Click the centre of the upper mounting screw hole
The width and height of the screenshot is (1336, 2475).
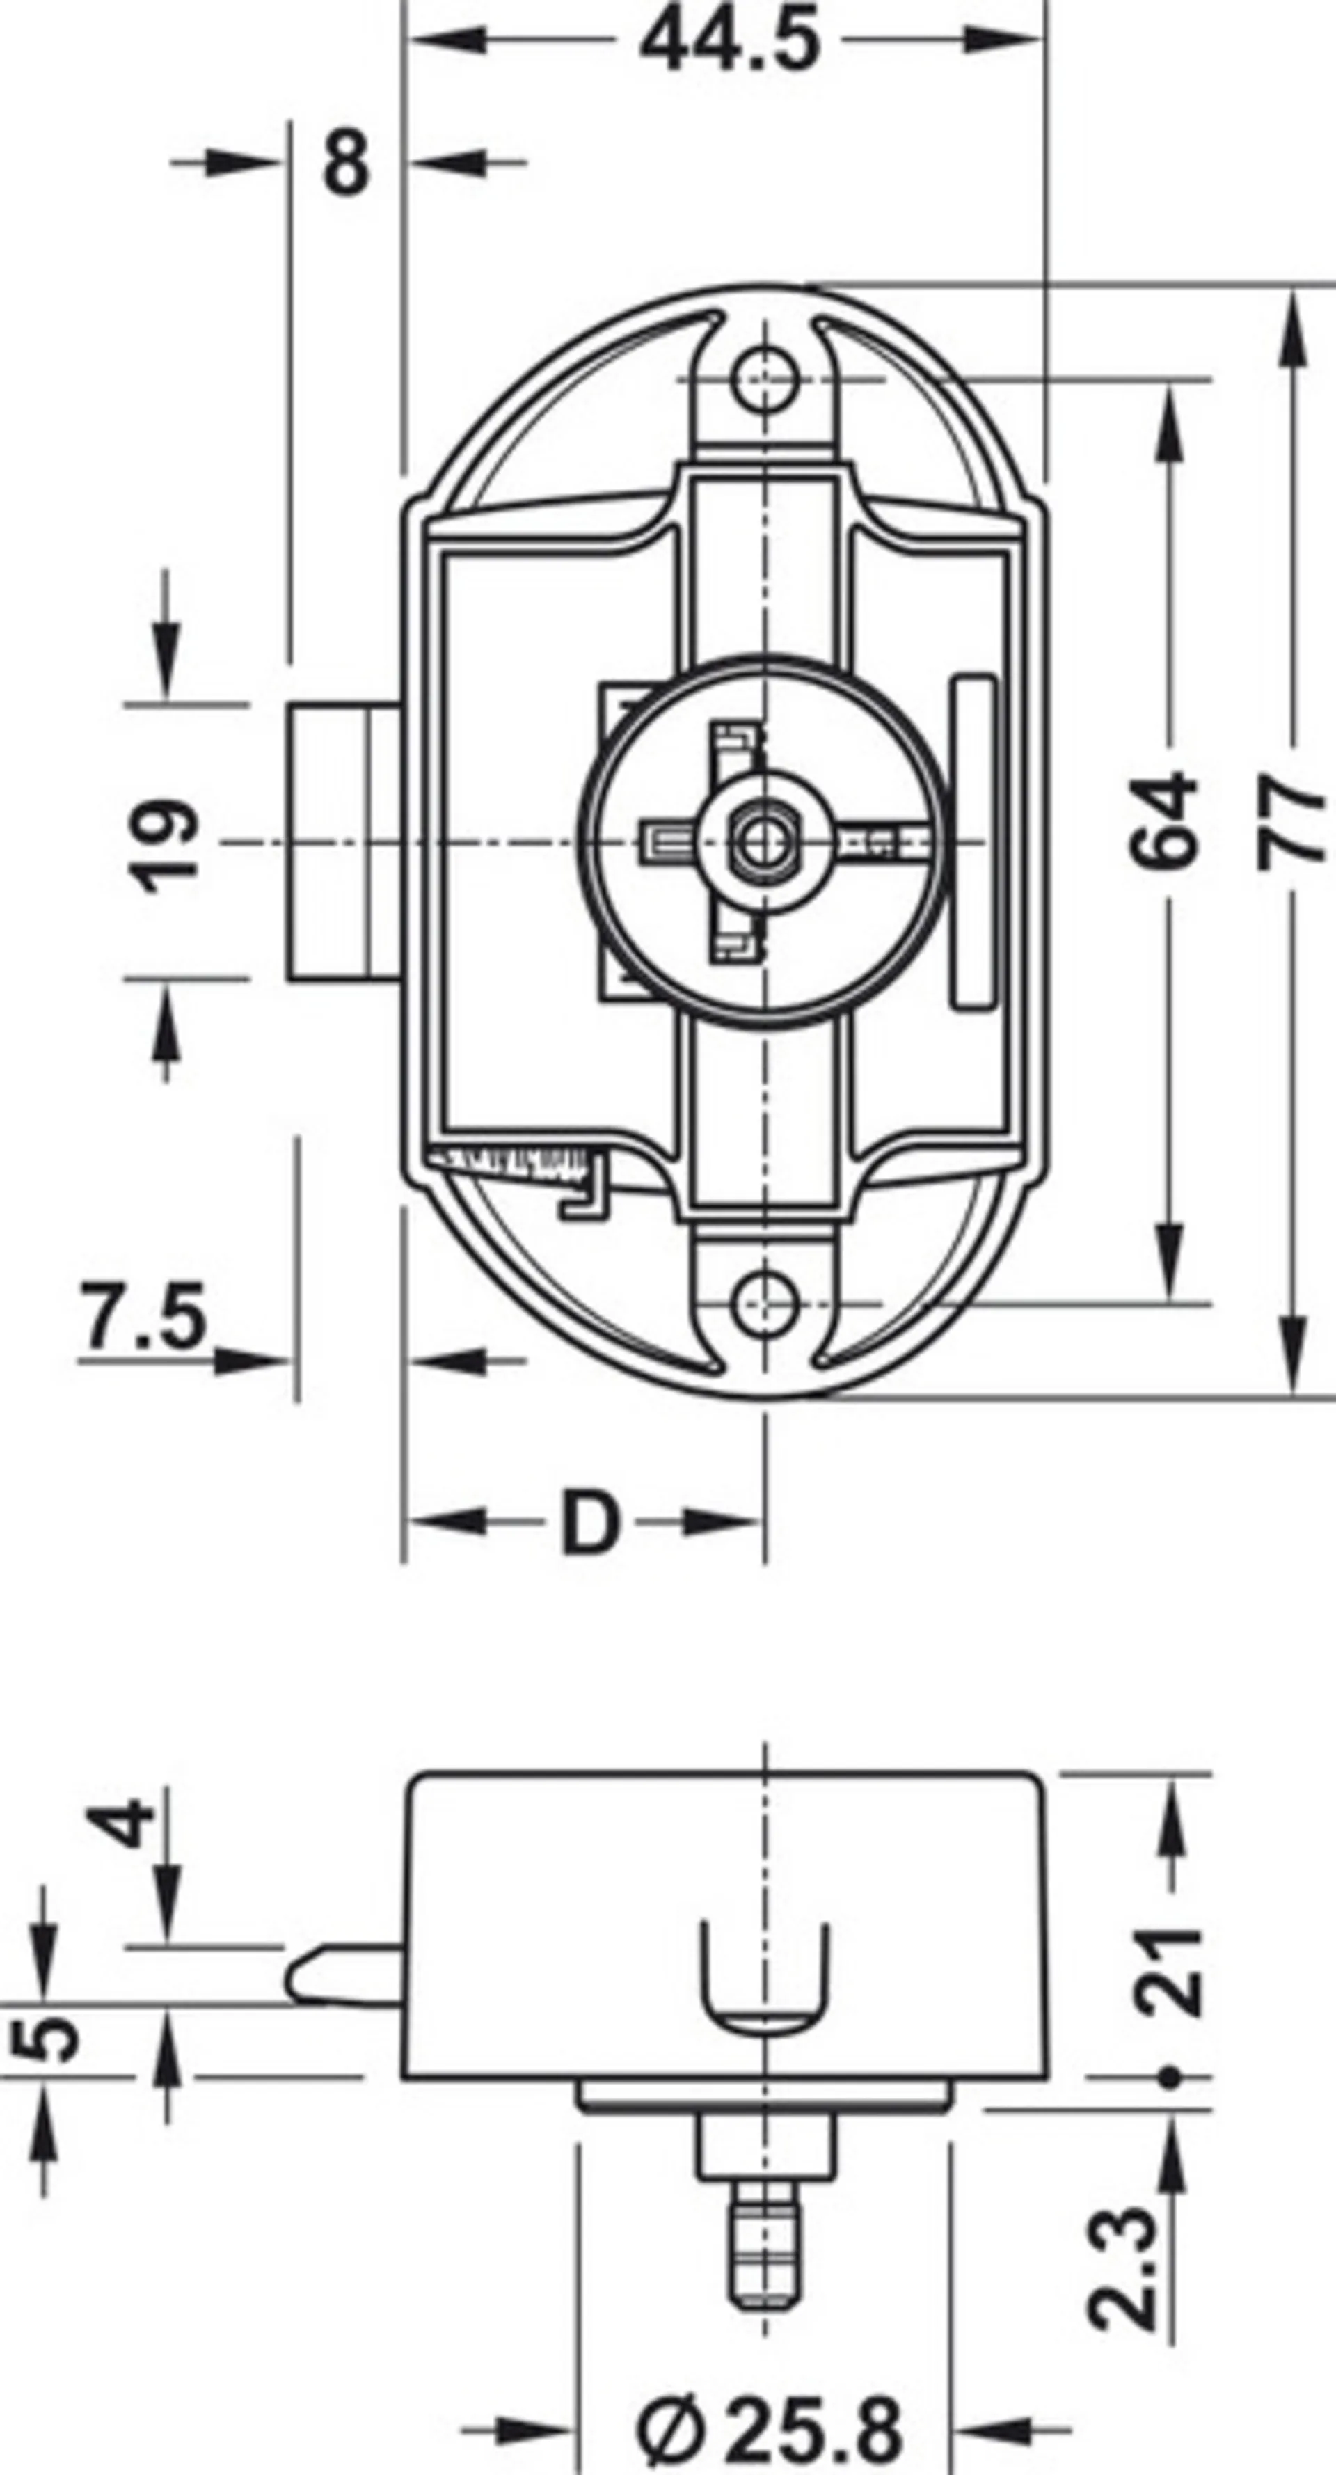(x=765, y=381)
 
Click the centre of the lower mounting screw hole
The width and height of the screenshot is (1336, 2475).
(x=765, y=1305)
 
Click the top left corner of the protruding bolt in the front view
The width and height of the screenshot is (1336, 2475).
(x=288, y=704)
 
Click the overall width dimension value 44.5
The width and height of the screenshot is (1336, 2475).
(x=730, y=42)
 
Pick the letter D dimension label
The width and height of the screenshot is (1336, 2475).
(x=590, y=1523)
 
